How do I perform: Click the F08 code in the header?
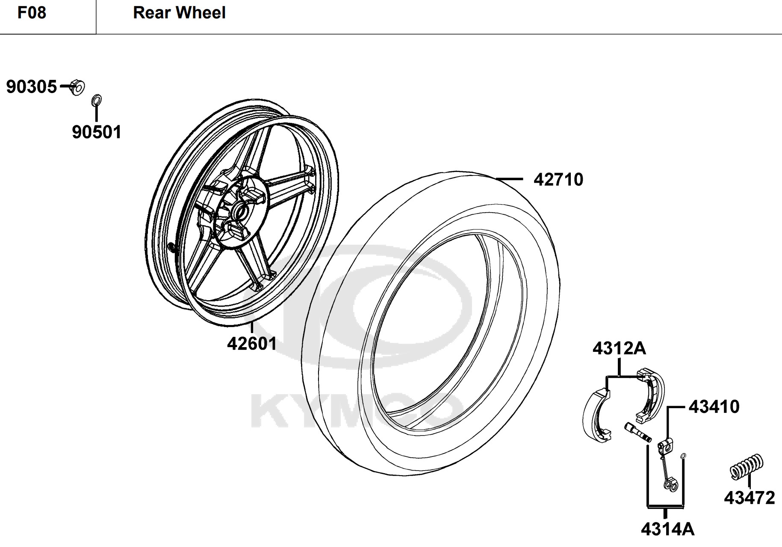32,13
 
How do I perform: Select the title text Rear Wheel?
179,13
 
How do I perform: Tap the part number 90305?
31,87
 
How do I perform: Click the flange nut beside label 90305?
77,87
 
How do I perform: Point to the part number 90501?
97,132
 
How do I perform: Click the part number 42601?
252,343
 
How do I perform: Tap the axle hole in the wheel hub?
242,211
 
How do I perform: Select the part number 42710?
558,180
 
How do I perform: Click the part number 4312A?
619,349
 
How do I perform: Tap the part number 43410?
714,407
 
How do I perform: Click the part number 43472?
750,498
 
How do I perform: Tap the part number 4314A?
668,529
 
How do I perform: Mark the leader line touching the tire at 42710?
509,178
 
